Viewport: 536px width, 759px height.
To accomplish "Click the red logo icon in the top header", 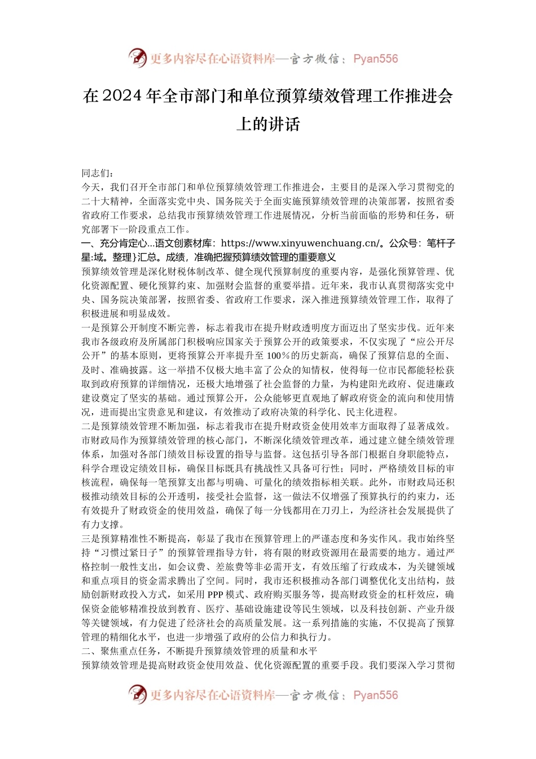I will coord(137,58).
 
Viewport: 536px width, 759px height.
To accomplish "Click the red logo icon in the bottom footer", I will coord(137,694).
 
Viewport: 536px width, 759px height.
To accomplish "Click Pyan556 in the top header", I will coord(375,59).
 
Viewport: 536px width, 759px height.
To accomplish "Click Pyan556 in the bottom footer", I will coord(375,695).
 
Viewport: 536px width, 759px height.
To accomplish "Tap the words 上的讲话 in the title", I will coord(268,124).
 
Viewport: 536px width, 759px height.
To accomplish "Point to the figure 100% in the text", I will coord(278,356).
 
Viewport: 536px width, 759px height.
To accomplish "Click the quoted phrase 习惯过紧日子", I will coord(130,552).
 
